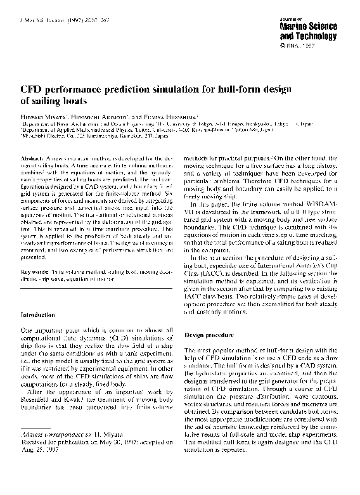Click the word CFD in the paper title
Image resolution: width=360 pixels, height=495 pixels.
(32, 91)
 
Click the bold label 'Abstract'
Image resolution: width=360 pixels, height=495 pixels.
(32, 157)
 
